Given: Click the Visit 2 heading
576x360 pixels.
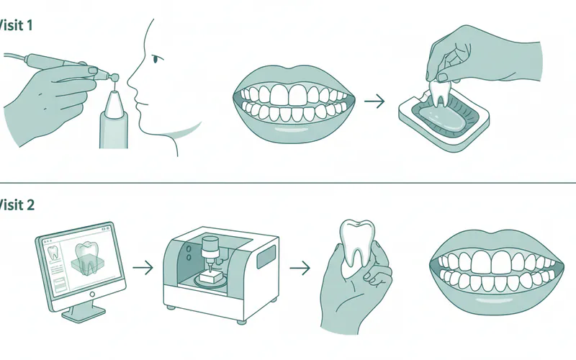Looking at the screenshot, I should [16, 204].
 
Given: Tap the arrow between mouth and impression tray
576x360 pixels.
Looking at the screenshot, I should [374, 102].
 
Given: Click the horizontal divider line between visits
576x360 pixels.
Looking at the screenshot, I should [288, 181].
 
